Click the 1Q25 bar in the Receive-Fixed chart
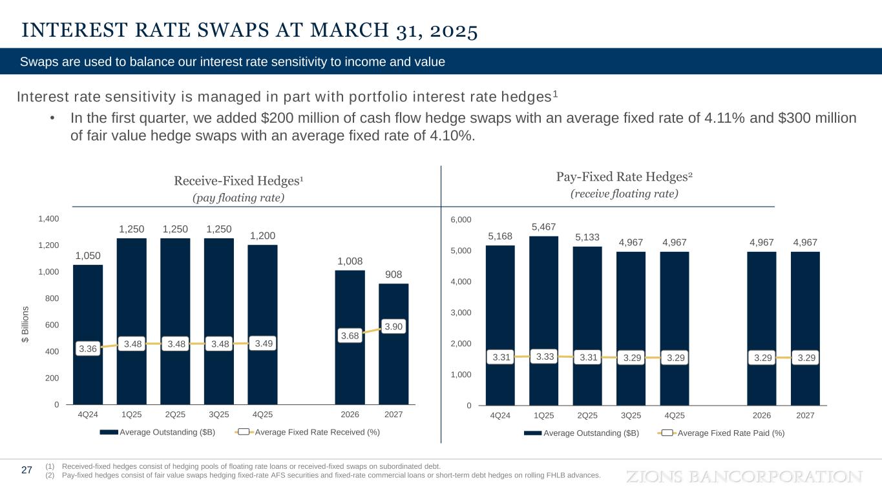tap(131, 291)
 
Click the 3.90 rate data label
tap(393, 327)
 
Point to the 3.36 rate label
tap(88, 349)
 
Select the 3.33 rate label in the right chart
tap(544, 355)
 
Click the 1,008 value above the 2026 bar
tap(350, 261)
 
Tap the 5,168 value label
tap(500, 236)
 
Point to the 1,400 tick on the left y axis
tap(48, 219)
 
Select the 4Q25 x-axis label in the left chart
tap(262, 415)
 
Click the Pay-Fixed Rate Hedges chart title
tap(624, 176)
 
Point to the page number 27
tap(26, 470)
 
